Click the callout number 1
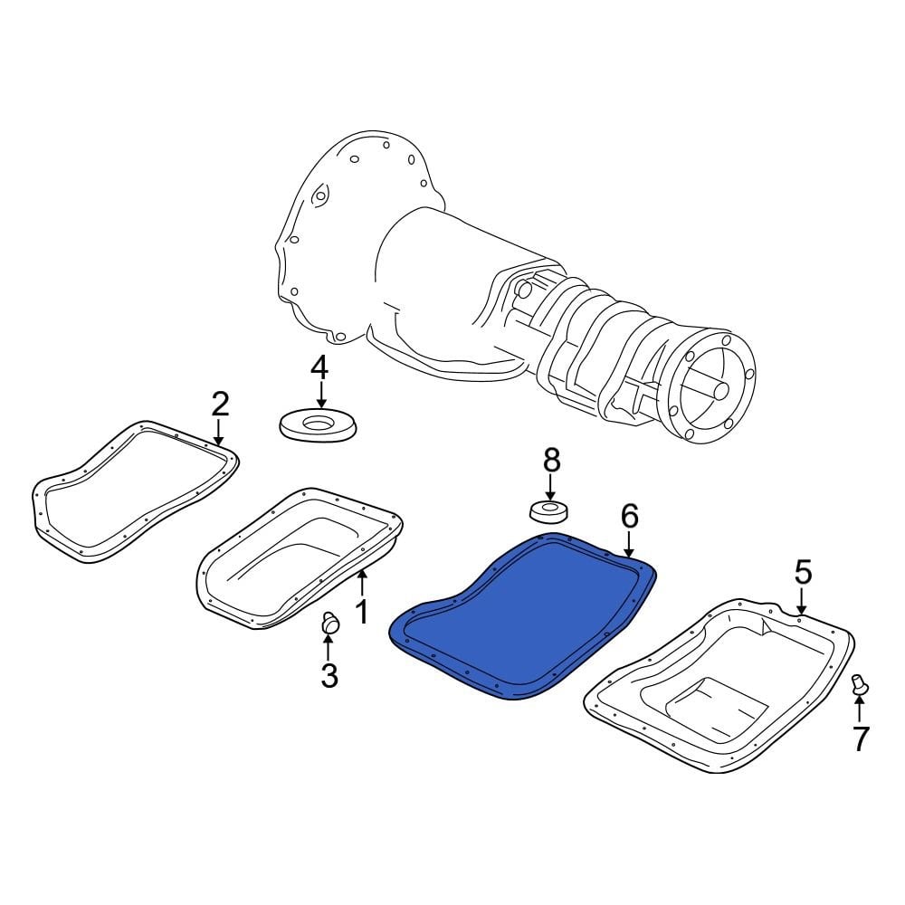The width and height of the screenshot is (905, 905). click(360, 612)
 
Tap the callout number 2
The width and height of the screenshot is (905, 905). click(219, 404)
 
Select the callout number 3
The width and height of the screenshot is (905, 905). click(329, 674)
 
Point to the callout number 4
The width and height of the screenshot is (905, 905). click(319, 367)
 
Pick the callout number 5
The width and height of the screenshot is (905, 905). click(803, 572)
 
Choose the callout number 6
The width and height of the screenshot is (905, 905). click(629, 517)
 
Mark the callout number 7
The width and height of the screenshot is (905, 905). click(860, 739)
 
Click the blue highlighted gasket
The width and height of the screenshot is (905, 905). click(525, 615)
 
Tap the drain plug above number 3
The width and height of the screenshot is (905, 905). click(329, 623)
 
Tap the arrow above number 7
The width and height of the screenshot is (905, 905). click(860, 710)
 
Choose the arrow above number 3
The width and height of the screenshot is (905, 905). click(329, 646)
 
